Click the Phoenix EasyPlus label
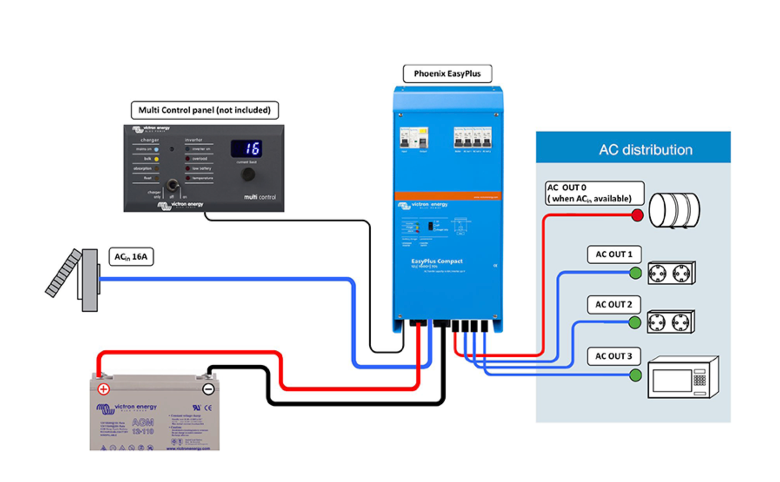pos(447,74)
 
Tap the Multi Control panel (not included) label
pos(204,110)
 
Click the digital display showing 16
pos(247,149)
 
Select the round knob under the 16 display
pos(248,174)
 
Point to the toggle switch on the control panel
pos(173,185)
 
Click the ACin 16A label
pos(131,257)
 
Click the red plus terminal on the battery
pos(103,389)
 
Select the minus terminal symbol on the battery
pos(209,389)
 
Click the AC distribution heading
pos(646,150)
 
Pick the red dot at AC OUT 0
pos(637,215)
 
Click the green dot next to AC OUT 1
pos(636,273)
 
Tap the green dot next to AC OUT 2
pos(635,322)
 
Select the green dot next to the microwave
pos(635,375)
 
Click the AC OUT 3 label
pos(613,356)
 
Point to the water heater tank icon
pos(674,211)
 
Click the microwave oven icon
pos(682,378)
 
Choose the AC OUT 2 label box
pos(613,305)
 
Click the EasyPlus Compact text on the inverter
pos(437,261)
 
